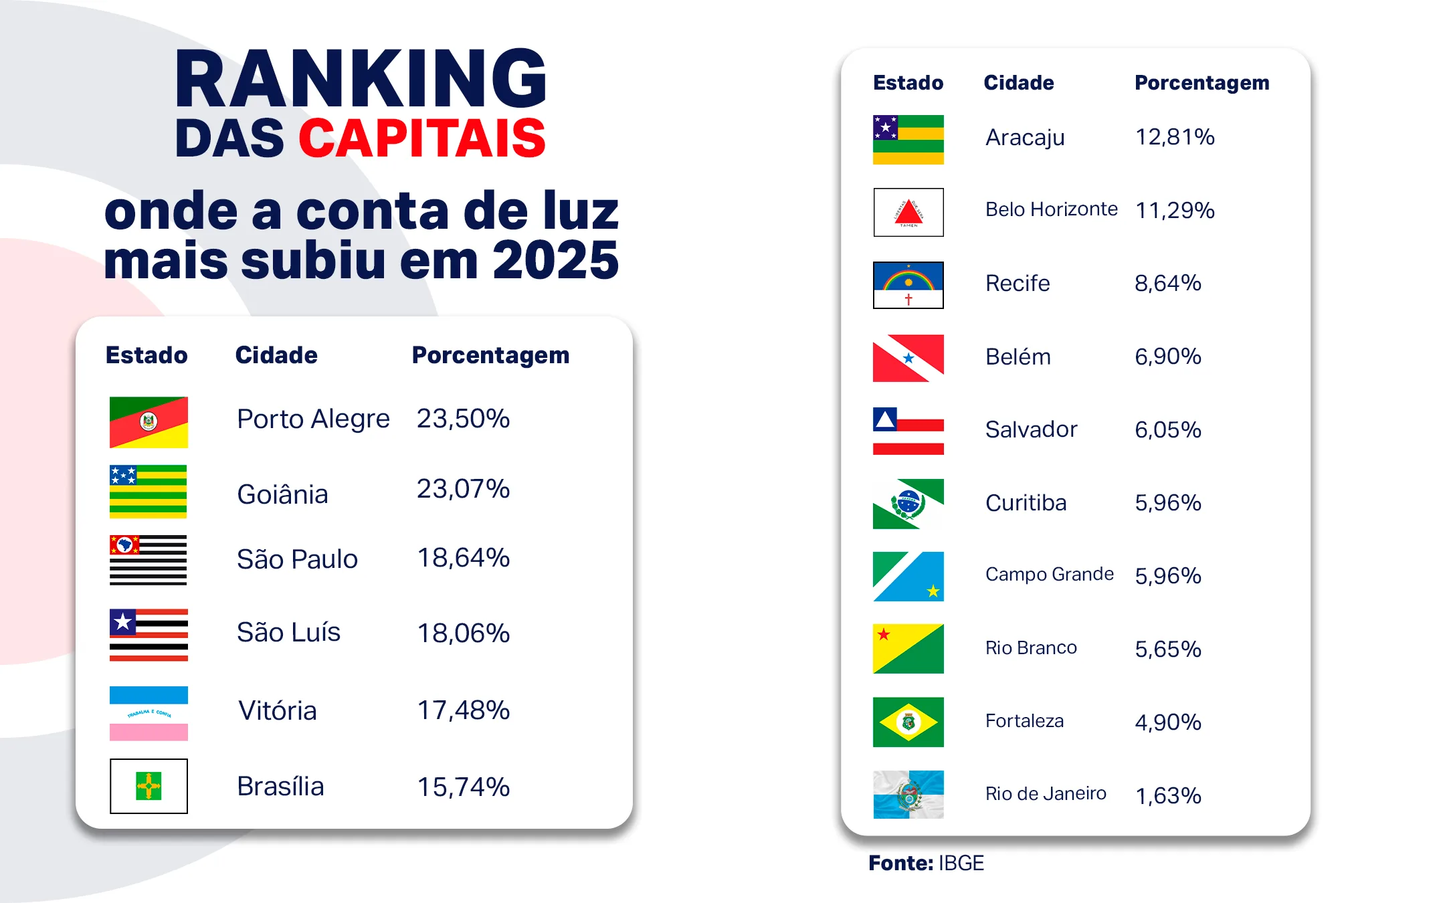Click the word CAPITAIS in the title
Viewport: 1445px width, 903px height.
coord(421,138)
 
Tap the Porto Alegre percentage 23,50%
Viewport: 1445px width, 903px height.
coord(463,419)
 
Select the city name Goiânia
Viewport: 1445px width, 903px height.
coord(282,494)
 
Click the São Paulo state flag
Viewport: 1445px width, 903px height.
coord(148,560)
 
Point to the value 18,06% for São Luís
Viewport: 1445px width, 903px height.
coord(463,633)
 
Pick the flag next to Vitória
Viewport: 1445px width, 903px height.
coord(148,713)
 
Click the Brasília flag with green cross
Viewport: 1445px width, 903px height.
coord(148,786)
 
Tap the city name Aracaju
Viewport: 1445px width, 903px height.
coord(1024,137)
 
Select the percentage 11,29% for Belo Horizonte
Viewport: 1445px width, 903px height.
coord(1174,210)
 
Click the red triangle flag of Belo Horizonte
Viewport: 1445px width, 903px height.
coord(908,212)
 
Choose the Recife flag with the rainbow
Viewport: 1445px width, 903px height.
coord(908,285)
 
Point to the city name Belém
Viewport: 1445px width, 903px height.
coord(1018,357)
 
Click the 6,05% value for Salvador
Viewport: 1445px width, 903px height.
coord(1167,429)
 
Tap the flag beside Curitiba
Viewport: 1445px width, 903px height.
coord(908,504)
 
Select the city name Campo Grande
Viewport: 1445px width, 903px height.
coord(1049,574)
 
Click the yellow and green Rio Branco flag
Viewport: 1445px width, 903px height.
coord(908,649)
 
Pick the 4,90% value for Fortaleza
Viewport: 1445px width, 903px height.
coord(1167,722)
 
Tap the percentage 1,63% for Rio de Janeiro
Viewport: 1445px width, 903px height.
coord(1167,795)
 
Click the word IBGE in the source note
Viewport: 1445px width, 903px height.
coord(961,863)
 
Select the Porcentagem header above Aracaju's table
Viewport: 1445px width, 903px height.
coord(1201,83)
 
